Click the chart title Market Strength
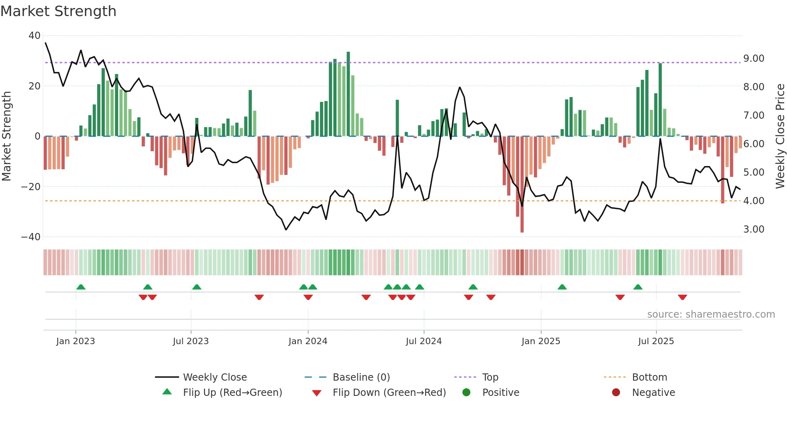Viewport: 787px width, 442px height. pyautogui.click(x=58, y=11)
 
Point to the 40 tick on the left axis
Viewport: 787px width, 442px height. pyautogui.click(x=34, y=36)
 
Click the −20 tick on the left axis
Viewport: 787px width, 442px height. pyautogui.click(x=31, y=187)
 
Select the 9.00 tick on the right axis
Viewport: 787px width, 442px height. pyautogui.click(x=754, y=59)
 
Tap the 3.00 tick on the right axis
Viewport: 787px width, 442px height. pyautogui.click(x=754, y=229)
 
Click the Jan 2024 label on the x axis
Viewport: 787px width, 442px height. pyautogui.click(x=308, y=341)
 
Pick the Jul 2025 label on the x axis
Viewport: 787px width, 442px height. pyautogui.click(x=656, y=341)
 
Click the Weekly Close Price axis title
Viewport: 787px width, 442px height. pyautogui.click(x=780, y=136)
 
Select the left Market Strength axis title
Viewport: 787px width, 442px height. pyautogui.click(x=7, y=136)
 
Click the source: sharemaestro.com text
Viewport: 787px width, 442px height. pyautogui.click(x=711, y=314)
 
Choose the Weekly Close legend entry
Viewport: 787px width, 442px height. pyautogui.click(x=214, y=377)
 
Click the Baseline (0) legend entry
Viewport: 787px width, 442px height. pyautogui.click(x=361, y=377)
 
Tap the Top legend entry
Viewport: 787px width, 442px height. pyautogui.click(x=490, y=377)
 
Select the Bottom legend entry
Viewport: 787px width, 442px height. pyautogui.click(x=649, y=377)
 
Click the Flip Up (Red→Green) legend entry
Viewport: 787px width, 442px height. pyautogui.click(x=232, y=393)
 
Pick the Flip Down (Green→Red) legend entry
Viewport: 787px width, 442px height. pyautogui.click(x=389, y=393)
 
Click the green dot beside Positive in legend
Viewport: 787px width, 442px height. pyautogui.click(x=466, y=393)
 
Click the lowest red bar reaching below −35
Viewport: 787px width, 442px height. pyautogui.click(x=522, y=185)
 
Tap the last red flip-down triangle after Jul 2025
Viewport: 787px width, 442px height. pyautogui.click(x=682, y=297)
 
